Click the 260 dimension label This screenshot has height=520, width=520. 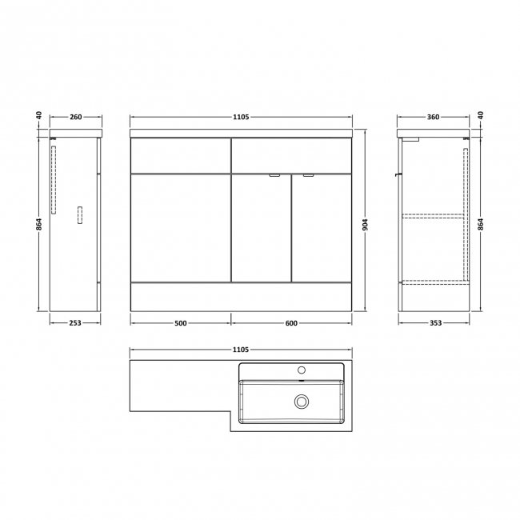tap(76, 118)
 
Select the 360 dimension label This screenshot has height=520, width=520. tap(433, 118)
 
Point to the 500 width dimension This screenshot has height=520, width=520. tap(180, 323)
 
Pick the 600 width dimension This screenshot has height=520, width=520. tap(291, 323)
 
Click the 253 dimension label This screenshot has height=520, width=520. tap(75, 323)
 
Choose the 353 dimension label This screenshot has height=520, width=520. tap(432, 323)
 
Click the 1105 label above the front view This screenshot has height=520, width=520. tap(241, 118)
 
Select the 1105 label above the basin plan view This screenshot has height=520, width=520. tap(241, 350)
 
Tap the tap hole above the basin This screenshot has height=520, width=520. tap(302, 370)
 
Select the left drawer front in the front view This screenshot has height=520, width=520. tap(180, 155)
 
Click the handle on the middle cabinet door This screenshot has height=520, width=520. tap(274, 175)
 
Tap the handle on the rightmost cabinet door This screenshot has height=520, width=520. tap(308, 175)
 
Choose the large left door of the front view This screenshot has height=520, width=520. tap(180, 228)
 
